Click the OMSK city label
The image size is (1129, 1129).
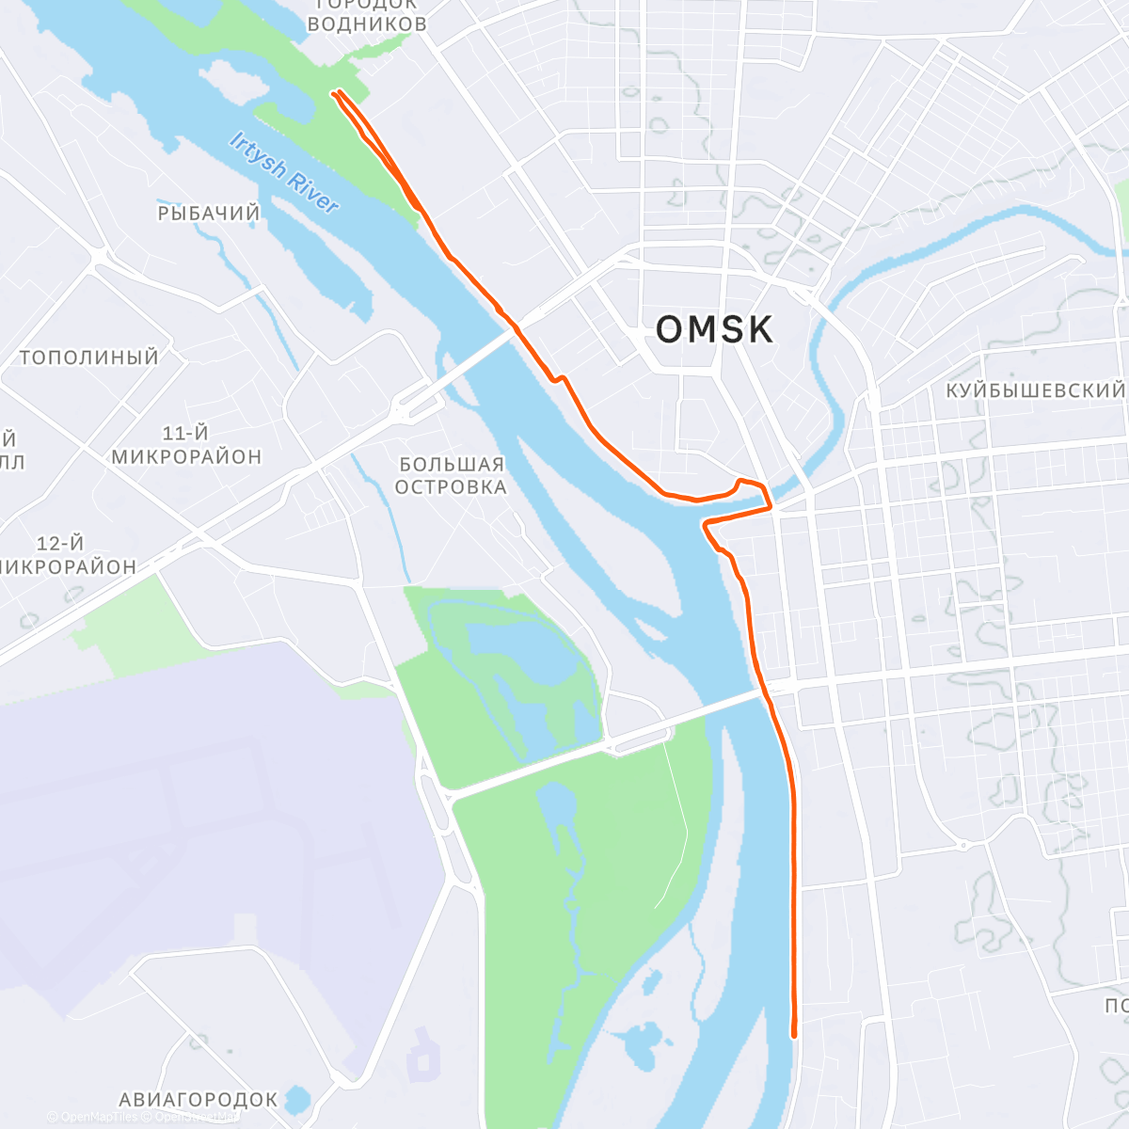(714, 330)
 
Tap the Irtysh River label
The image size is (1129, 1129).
(283, 172)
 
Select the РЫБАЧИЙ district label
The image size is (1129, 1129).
(209, 214)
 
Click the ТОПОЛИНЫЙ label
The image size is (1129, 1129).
(89, 358)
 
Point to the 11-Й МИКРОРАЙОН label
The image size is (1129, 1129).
(186, 445)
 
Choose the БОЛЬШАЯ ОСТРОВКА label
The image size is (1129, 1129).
(451, 475)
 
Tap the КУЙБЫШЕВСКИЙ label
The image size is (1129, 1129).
(1035, 390)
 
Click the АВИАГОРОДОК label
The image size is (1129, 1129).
(199, 1099)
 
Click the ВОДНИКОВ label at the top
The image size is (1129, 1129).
(367, 23)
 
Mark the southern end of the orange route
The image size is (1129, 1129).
(794, 1035)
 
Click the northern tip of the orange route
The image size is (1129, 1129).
(335, 92)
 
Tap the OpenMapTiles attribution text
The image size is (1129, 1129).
(99, 1118)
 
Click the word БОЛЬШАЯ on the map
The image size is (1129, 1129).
(452, 464)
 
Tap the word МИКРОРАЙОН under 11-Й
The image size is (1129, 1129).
(186, 456)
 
